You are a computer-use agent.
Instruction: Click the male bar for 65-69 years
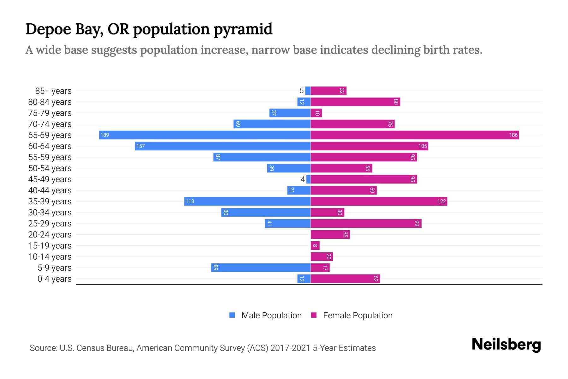(205, 135)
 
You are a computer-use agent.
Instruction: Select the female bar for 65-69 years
(415, 135)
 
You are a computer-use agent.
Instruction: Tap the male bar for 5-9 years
(261, 268)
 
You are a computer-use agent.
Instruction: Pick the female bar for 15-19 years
(315, 246)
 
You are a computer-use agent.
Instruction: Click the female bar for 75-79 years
(316, 113)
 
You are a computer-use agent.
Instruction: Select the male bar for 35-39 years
(247, 202)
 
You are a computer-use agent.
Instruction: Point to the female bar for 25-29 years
(366, 224)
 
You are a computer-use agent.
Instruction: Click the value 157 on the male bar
(140, 146)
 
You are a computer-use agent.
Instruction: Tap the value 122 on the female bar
(441, 202)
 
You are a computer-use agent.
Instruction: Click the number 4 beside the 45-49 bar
(303, 179)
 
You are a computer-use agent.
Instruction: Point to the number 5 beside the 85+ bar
(301, 91)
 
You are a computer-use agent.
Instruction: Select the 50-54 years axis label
(50, 168)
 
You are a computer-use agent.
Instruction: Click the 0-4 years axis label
(54, 279)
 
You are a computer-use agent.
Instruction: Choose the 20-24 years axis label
(50, 235)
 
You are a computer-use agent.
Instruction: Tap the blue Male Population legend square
(232, 315)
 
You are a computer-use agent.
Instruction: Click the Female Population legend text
(358, 315)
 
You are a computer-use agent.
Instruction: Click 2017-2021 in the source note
(290, 348)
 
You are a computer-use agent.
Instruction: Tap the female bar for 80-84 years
(355, 102)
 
